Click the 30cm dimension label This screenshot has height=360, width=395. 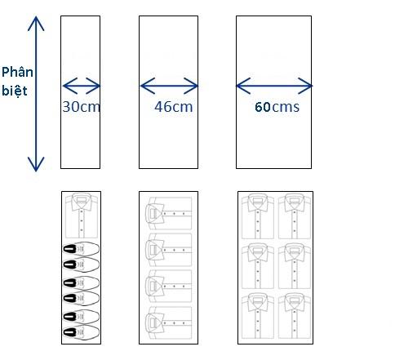(x=82, y=107)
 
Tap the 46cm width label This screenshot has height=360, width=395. (x=174, y=107)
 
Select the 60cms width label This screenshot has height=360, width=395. (x=277, y=107)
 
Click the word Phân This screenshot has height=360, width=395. (x=17, y=72)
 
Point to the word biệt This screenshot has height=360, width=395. (x=15, y=91)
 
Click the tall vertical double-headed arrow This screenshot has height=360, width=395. (x=36, y=94)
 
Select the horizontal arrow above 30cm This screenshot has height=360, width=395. (x=82, y=86)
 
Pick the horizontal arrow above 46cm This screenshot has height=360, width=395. (x=169, y=86)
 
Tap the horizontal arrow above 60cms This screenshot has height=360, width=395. (x=274, y=86)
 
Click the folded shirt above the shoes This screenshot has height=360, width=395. (x=82, y=216)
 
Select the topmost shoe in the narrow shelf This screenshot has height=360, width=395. (x=82, y=249)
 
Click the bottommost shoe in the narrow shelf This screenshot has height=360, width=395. (x=82, y=332)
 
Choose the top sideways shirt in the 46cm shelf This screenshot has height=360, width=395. (x=169, y=214)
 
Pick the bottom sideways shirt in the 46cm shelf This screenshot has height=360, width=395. (x=169, y=323)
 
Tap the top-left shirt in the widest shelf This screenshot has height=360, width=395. (x=258, y=216)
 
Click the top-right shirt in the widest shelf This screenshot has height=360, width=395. (x=295, y=216)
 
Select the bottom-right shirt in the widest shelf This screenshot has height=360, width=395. (x=295, y=315)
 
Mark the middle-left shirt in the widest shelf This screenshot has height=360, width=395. (x=258, y=266)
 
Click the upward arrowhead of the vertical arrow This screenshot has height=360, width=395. (x=36, y=23)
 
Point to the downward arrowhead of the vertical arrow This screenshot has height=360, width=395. (x=36, y=164)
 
